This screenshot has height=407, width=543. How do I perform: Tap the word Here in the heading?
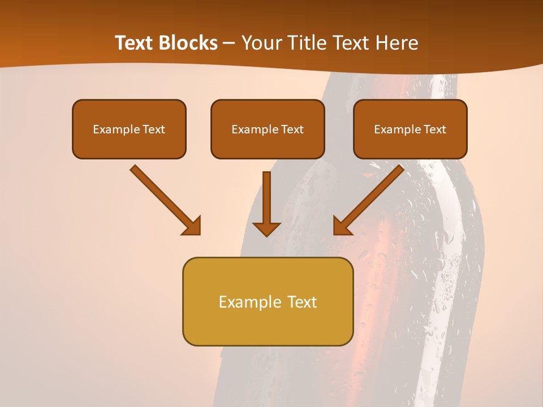pos(397,43)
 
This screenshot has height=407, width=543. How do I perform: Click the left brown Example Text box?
pos(129,129)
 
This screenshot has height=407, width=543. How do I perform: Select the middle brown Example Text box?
pos(268,129)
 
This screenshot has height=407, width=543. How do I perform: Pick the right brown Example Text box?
pos(410,129)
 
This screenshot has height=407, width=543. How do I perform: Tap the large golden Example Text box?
pos(268,301)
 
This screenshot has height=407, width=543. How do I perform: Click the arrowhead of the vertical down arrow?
pos(266,228)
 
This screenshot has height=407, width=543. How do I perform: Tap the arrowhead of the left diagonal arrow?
pos(192,226)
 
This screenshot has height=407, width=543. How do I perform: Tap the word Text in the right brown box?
pos(434,129)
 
